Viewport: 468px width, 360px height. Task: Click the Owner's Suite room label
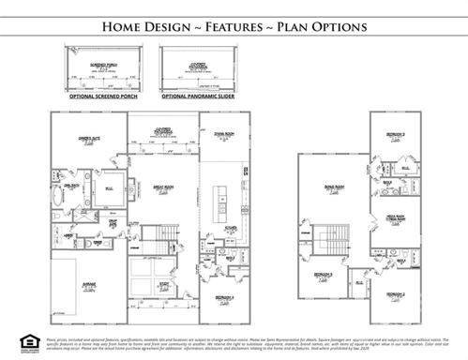[90, 137]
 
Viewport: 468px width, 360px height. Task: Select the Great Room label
[162, 187]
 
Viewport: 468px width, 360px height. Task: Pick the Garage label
[89, 284]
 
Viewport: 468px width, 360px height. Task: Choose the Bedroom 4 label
[222, 297]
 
